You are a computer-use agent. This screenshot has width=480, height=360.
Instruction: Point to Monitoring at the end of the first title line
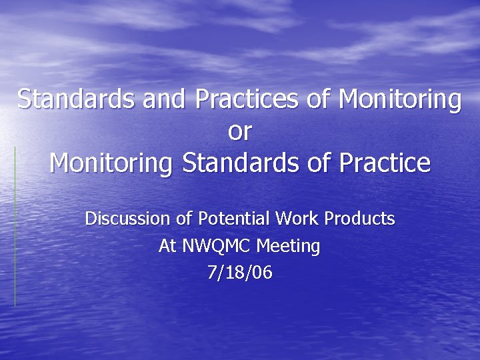(399, 99)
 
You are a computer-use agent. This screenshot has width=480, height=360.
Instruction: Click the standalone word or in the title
(239, 131)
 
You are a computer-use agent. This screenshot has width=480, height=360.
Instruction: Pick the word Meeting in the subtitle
(288, 247)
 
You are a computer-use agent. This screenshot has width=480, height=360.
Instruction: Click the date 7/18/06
(239, 273)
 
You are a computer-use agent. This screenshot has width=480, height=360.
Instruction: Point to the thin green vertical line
(15, 227)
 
